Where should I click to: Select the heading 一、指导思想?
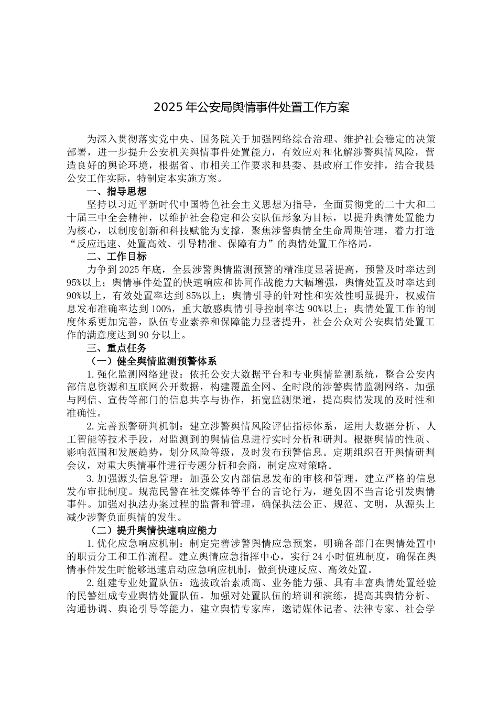pyautogui.click(x=116, y=191)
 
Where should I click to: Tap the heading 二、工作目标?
pyautogui.click(x=116, y=257)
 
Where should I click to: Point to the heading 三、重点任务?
pyautogui.click(x=116, y=348)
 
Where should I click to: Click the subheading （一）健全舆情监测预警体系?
pyautogui.click(x=150, y=361)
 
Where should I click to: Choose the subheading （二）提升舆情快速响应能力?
pyautogui.click(x=150, y=530)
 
